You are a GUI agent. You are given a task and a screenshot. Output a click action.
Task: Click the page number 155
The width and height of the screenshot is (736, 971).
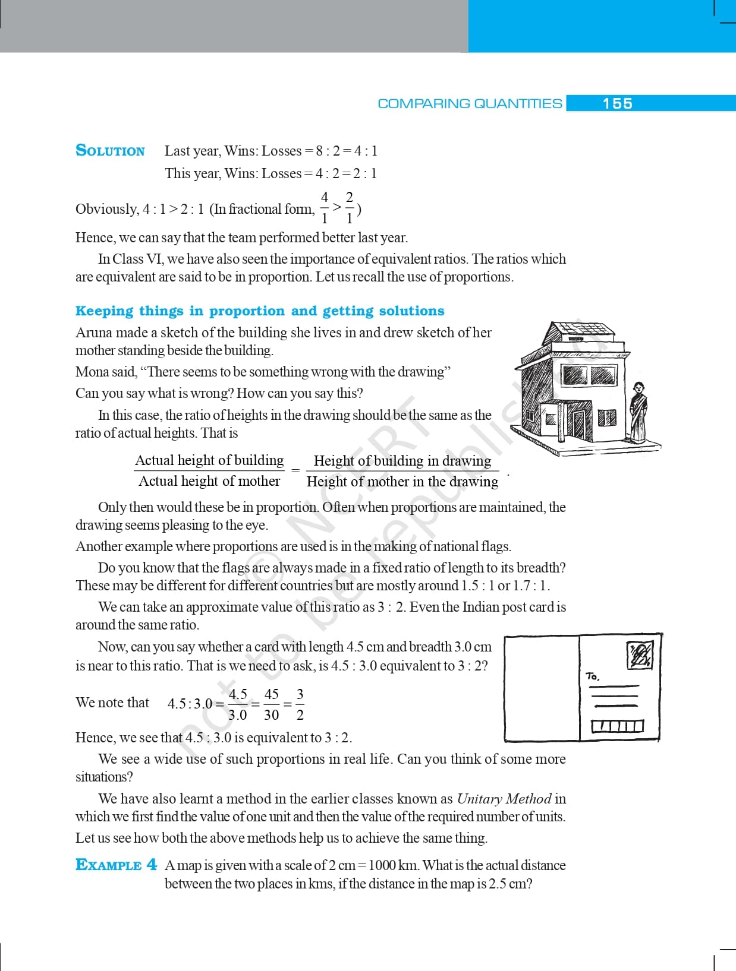point(617,103)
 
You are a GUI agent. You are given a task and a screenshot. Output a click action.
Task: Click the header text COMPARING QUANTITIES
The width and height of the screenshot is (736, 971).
point(470,103)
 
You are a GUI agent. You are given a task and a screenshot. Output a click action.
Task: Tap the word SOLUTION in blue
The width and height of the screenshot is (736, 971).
point(110,150)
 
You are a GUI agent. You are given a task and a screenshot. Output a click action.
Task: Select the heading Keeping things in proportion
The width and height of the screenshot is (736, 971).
point(260,311)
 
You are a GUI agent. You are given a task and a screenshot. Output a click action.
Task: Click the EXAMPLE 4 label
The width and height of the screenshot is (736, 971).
point(117,865)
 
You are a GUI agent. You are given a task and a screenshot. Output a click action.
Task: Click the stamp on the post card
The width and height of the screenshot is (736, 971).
point(640,655)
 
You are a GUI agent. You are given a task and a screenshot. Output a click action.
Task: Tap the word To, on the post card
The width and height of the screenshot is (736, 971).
point(592,676)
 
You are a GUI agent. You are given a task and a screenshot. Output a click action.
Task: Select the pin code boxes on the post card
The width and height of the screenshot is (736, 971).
point(617,726)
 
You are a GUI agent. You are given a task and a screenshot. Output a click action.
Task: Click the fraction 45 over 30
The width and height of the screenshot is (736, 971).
point(271,704)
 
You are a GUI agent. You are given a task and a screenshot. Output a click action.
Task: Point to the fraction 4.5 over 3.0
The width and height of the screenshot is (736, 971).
point(238,704)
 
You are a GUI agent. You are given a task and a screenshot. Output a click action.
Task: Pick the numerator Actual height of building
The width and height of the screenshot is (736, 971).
point(209,460)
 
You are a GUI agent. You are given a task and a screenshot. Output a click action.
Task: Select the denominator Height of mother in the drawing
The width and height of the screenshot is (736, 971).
point(402,482)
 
